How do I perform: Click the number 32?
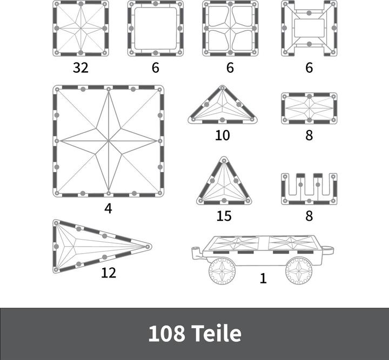pyautogui.click(x=81, y=68)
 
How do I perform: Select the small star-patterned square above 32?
pyautogui.click(x=81, y=28)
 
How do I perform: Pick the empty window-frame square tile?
pyautogui.click(x=155, y=28)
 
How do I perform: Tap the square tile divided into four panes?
pyautogui.click(x=230, y=28)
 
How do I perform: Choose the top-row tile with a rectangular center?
pyautogui.click(x=308, y=28)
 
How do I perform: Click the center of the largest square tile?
pyautogui.click(x=109, y=141)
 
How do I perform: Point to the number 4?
pyautogui.click(x=109, y=208)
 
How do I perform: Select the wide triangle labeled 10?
pyautogui.click(x=223, y=108)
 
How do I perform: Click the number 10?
pyautogui.click(x=223, y=135)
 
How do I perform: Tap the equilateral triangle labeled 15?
pyautogui.click(x=224, y=185)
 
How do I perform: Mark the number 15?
pyautogui.click(x=224, y=216)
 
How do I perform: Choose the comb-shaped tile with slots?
pyautogui.click(x=308, y=189)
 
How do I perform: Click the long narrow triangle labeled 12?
pyautogui.click(x=92, y=246)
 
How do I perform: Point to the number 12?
pyautogui.click(x=109, y=273)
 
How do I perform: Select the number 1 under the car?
pyautogui.click(x=263, y=279)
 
